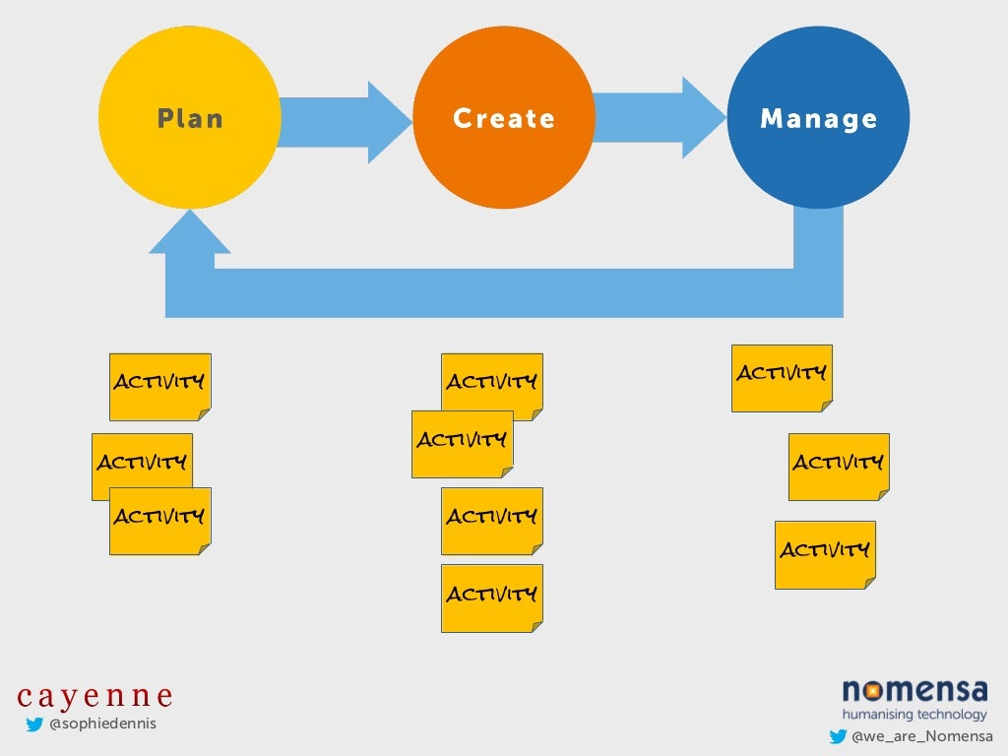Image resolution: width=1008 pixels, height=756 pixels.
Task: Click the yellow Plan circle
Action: (x=189, y=117)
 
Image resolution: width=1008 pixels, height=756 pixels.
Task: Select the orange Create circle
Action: (x=504, y=117)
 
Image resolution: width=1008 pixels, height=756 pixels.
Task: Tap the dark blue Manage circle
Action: (x=818, y=117)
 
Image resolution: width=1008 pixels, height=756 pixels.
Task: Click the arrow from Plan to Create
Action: (x=345, y=122)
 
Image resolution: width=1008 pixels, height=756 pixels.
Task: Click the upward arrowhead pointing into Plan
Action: (x=189, y=236)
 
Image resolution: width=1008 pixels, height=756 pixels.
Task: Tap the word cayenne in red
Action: (x=95, y=696)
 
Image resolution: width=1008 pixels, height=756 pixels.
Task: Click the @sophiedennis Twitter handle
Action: (x=102, y=724)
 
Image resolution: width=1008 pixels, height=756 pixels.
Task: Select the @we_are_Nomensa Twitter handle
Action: (x=921, y=736)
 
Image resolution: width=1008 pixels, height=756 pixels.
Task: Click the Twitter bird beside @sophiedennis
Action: (x=34, y=725)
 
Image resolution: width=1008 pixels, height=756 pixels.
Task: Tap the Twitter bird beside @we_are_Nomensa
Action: (x=838, y=736)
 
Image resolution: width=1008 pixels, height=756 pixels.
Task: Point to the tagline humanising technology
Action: (x=913, y=714)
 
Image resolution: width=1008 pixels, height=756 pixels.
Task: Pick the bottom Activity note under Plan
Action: (x=159, y=521)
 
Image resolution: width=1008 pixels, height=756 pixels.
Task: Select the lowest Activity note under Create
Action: (x=491, y=598)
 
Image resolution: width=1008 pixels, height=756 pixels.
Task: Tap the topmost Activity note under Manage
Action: (x=782, y=377)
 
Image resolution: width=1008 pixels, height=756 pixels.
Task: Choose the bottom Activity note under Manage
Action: (x=825, y=554)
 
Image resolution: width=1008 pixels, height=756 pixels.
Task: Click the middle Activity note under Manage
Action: (x=839, y=466)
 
